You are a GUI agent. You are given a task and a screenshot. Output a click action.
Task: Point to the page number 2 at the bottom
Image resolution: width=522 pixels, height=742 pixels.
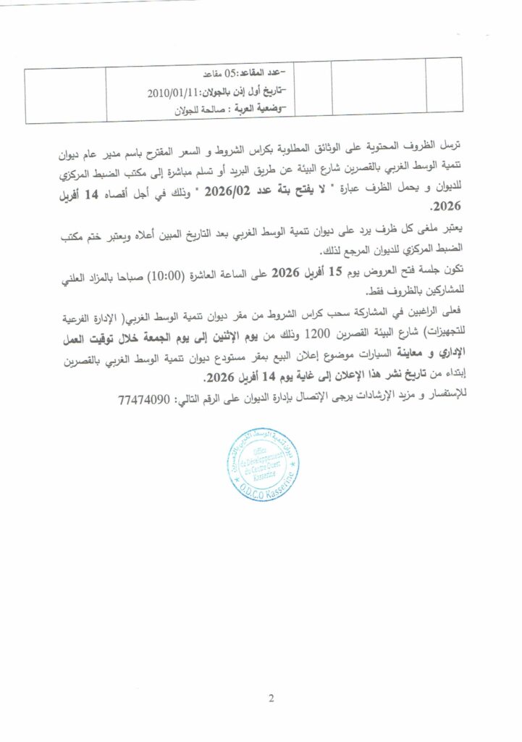click(x=271, y=699)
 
